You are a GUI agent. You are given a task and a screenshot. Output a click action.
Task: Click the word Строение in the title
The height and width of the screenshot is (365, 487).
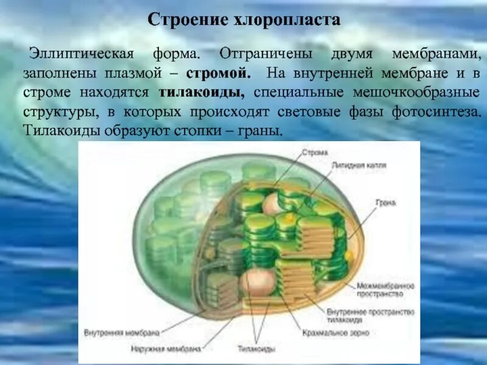(185, 20)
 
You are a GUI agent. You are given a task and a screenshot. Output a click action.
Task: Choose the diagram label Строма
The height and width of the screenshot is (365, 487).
(318, 152)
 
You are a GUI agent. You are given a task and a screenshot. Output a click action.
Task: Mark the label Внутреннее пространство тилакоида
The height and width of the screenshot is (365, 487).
(388, 315)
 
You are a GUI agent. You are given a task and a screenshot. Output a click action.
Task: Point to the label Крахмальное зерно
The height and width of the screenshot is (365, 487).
(335, 333)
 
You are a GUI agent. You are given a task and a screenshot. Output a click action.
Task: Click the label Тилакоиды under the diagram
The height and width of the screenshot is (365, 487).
(256, 349)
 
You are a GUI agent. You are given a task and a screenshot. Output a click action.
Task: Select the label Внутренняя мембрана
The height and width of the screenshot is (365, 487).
(122, 333)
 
